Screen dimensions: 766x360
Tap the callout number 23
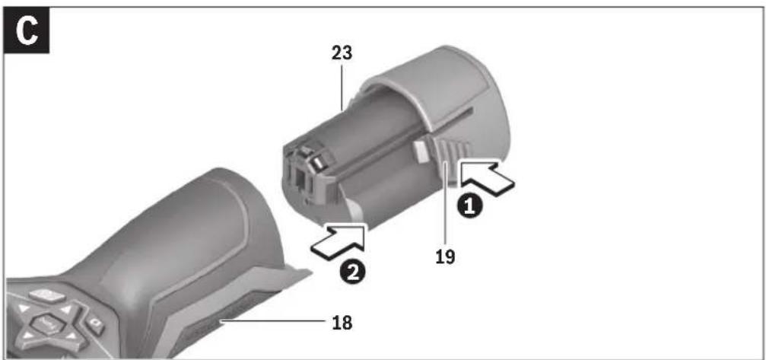[342, 53]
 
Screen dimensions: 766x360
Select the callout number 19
[446, 256]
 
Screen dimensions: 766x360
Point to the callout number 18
[342, 323]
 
